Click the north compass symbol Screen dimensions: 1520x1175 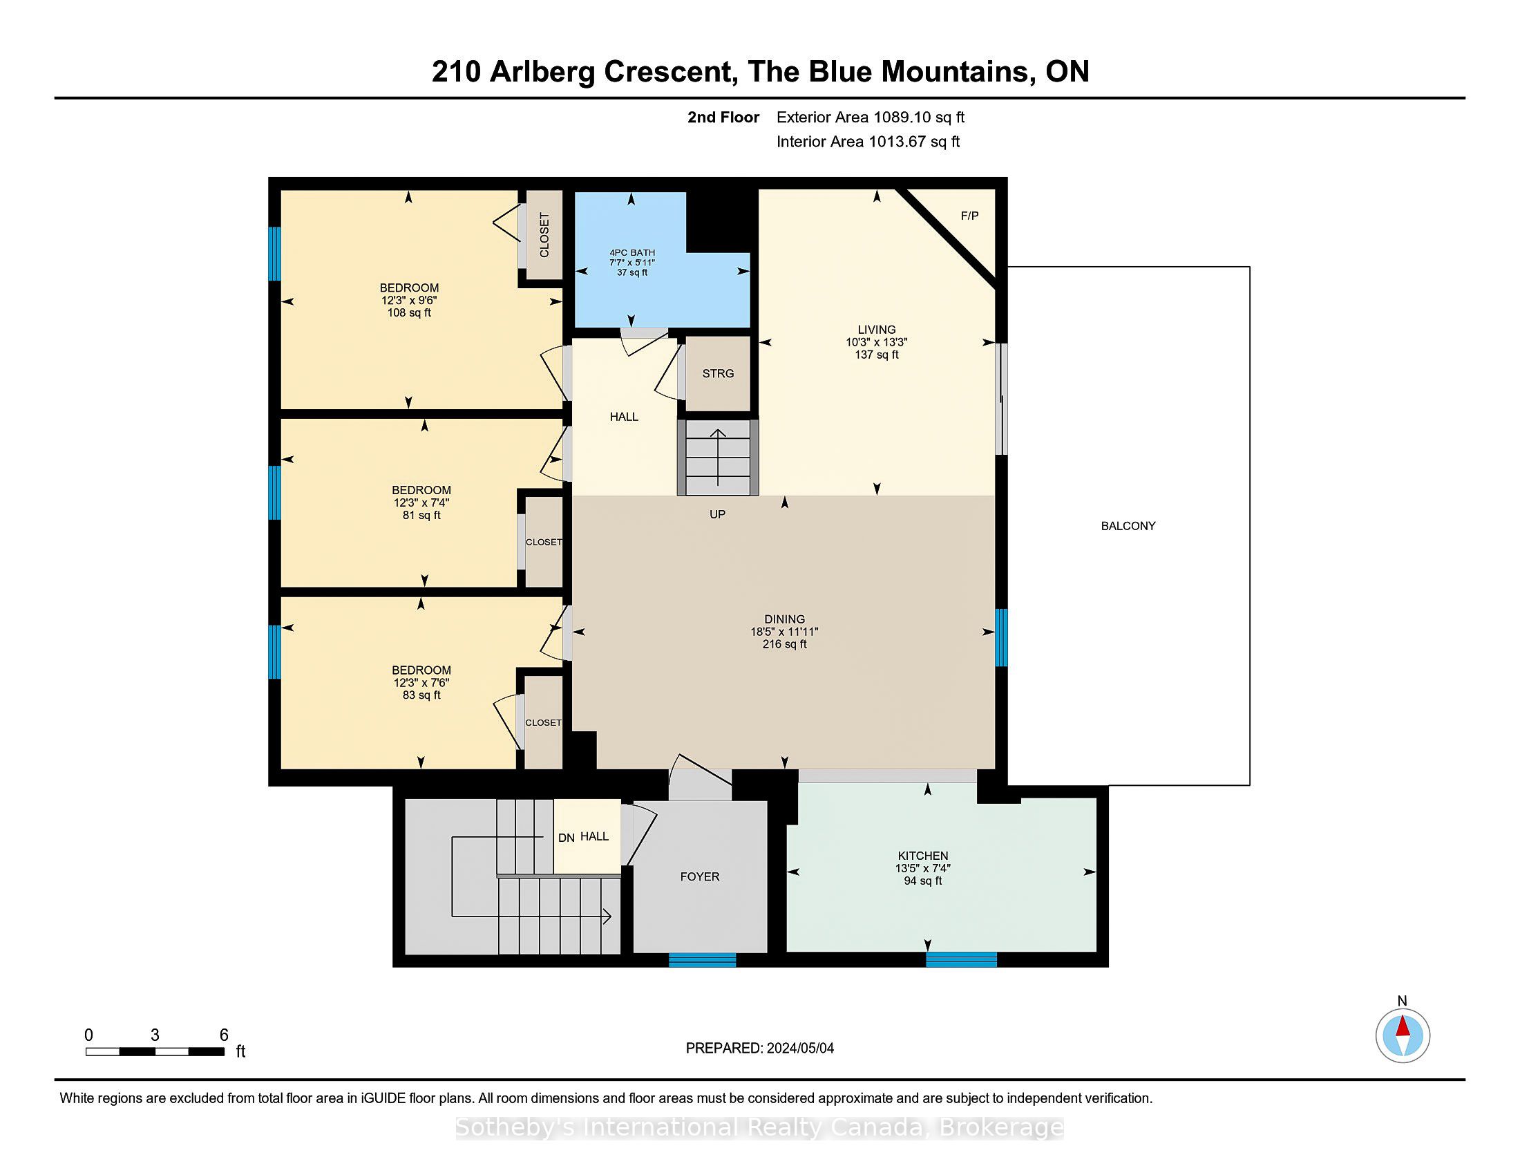pyautogui.click(x=1403, y=1035)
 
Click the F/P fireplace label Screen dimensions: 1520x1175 pyautogui.click(x=969, y=216)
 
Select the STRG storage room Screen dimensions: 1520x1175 pyautogui.click(x=718, y=374)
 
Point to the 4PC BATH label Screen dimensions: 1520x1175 pyautogui.click(x=632, y=253)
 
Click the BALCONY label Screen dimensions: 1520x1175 pyautogui.click(x=1128, y=526)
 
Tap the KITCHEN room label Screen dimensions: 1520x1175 pyautogui.click(x=923, y=856)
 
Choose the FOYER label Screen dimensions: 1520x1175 pyautogui.click(x=700, y=877)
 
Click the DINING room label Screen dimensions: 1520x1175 pyautogui.click(x=784, y=619)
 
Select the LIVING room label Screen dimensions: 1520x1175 pyautogui.click(x=877, y=330)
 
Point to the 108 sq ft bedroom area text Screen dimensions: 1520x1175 pyautogui.click(x=409, y=313)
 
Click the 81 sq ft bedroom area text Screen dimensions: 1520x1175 pyautogui.click(x=421, y=515)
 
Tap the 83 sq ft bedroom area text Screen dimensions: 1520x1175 pyautogui.click(x=421, y=695)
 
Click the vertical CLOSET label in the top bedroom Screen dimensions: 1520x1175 pyautogui.click(x=544, y=234)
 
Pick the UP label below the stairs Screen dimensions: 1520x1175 pyautogui.click(x=718, y=514)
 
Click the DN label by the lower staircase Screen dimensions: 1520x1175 pyautogui.click(x=567, y=838)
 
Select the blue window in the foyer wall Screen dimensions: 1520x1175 pyautogui.click(x=702, y=960)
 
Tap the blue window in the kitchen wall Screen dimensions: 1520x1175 pyautogui.click(x=961, y=960)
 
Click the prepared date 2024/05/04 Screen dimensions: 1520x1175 pyautogui.click(x=799, y=1049)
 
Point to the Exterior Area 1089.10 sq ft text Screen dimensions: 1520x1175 pyautogui.click(x=871, y=117)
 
